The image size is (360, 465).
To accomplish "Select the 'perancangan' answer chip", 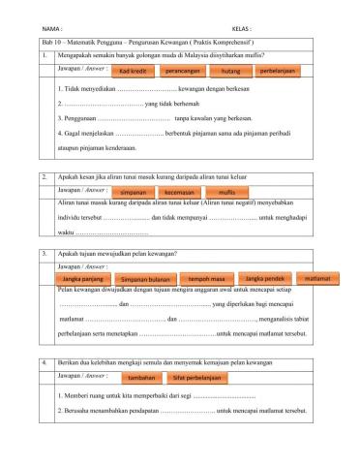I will pos(183,73).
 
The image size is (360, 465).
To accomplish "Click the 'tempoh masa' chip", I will pos(206,279).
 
